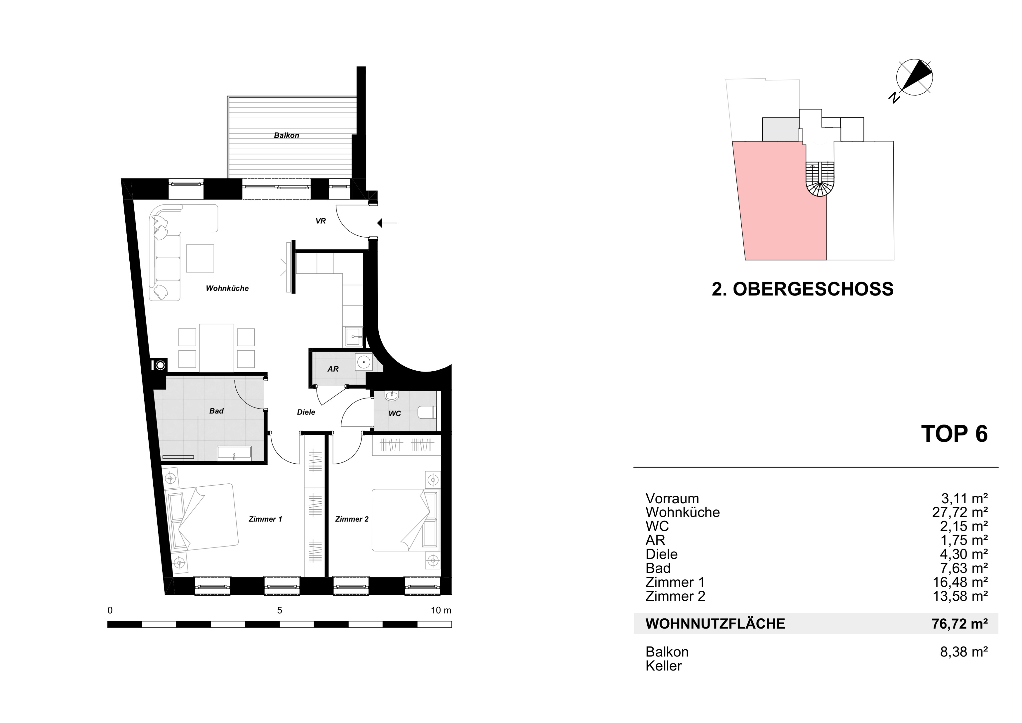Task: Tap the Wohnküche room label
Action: tap(227, 289)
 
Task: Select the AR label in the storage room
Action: tap(333, 369)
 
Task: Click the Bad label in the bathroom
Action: tap(216, 411)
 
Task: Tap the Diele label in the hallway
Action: tap(306, 412)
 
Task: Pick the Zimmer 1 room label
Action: tap(265, 519)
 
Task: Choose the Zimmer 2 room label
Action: tap(352, 519)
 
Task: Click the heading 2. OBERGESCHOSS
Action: tap(802, 289)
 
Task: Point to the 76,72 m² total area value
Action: tap(960, 624)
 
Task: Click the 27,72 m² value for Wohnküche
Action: tap(960, 512)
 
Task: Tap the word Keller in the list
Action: tap(664, 666)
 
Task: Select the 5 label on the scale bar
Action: tap(279, 610)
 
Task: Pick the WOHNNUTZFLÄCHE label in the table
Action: tap(715, 624)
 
